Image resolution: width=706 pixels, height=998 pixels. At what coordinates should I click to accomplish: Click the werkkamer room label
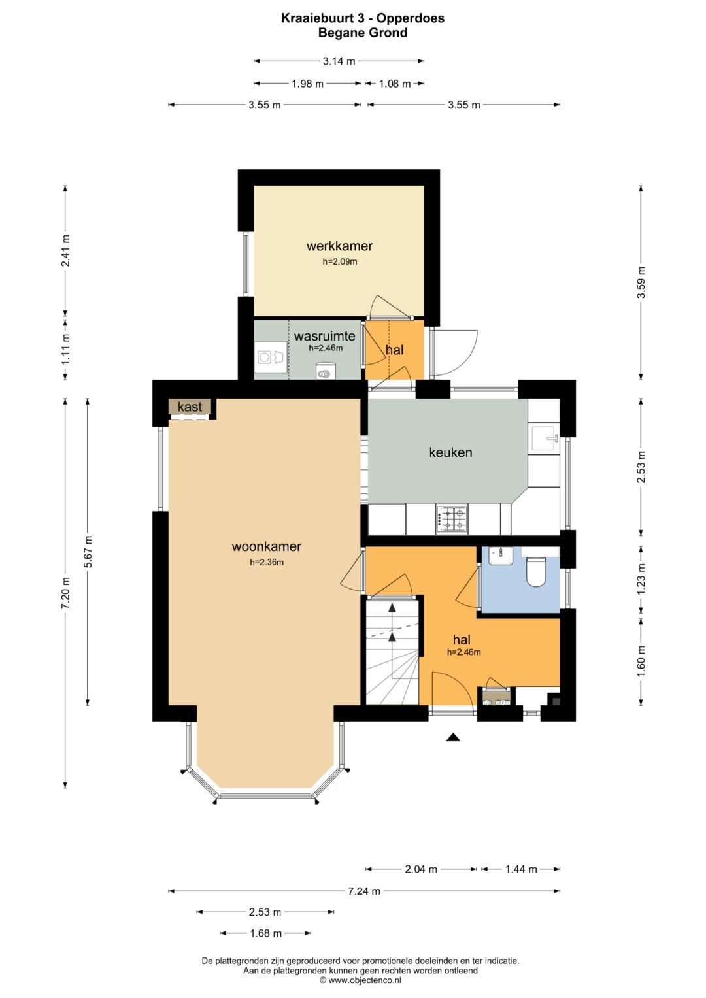tap(339, 246)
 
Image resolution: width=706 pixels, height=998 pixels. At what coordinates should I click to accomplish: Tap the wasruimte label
tap(324, 336)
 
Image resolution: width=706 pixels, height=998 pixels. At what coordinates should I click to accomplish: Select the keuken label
tap(450, 452)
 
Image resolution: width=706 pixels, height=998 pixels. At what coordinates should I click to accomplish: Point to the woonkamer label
tap(267, 546)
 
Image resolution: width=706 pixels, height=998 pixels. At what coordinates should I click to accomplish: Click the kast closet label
tap(190, 407)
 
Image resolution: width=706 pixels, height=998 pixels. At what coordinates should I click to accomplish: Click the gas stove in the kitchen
tap(452, 519)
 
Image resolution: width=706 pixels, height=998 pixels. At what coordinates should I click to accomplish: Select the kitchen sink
tap(545, 439)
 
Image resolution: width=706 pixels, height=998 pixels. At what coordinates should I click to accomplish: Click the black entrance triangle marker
tap(453, 737)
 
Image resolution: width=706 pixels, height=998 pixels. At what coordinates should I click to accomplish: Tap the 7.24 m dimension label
tap(364, 891)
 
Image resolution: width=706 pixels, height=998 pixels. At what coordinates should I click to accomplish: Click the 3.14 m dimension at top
tap(339, 61)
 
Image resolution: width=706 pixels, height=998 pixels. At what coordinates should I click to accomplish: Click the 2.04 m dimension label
tap(421, 869)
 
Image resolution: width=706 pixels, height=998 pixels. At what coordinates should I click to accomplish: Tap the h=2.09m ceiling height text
tap(340, 261)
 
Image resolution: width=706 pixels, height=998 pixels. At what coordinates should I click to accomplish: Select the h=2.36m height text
tap(267, 562)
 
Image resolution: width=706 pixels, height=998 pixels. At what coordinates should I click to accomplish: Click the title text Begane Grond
tap(362, 33)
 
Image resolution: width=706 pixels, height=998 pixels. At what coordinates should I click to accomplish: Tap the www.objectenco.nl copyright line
tap(360, 980)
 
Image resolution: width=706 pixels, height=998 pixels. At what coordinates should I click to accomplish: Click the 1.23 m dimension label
tap(641, 579)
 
